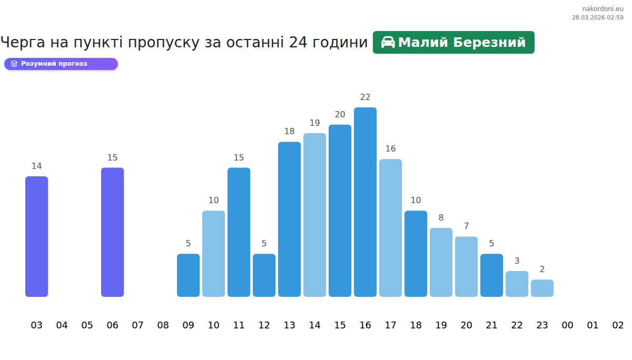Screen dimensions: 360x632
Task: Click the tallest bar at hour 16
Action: [x=365, y=202]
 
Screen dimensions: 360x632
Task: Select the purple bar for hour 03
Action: [x=36, y=236]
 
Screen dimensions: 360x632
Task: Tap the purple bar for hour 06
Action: [x=112, y=232]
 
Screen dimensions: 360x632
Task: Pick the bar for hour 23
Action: [x=542, y=288]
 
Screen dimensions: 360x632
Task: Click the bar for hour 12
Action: [x=264, y=275]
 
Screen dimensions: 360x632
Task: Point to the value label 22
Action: [x=365, y=97]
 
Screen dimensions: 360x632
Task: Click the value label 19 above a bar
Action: [x=314, y=123]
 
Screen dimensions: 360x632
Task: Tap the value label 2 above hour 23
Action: [x=542, y=269]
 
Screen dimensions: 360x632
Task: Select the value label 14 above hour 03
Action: [x=36, y=166]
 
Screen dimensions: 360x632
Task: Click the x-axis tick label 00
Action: [x=567, y=325]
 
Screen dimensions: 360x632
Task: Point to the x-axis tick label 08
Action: [x=163, y=325]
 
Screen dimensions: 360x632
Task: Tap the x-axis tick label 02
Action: [x=618, y=325]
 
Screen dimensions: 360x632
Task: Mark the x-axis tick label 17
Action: [x=390, y=325]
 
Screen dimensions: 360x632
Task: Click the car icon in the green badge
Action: [x=388, y=43]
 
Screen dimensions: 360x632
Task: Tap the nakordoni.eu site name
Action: [x=603, y=9]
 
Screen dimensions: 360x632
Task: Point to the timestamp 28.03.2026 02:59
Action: [x=597, y=17]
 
